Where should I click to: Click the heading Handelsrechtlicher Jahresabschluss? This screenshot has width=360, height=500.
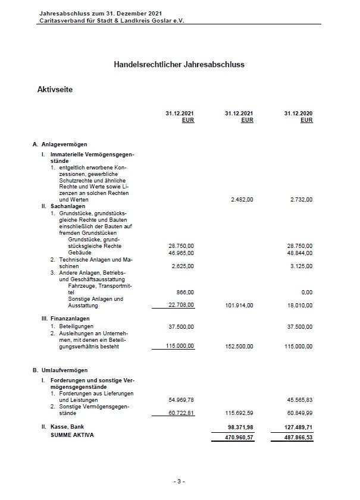tap(179, 64)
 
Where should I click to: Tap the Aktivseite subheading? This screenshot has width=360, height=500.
tap(55, 89)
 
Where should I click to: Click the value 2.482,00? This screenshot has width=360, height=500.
tap(241, 200)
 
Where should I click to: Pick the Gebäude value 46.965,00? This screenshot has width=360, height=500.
tap(181, 253)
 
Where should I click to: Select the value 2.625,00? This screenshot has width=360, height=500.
tap(182, 266)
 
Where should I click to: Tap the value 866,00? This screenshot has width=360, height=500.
tap(186, 293)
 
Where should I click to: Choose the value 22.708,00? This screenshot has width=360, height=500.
tap(181, 306)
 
